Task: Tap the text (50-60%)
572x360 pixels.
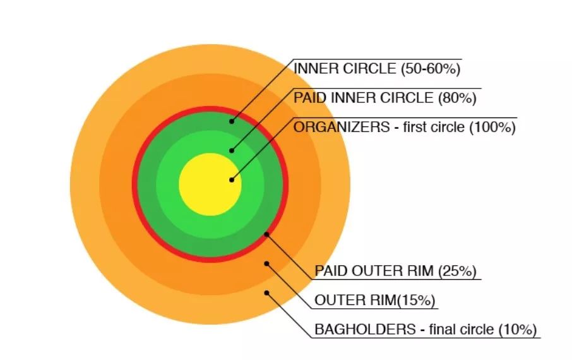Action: pyautogui.click(x=431, y=69)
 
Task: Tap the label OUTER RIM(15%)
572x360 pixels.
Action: pyautogui.click(x=375, y=301)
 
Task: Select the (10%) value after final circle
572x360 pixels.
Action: pyautogui.click(x=518, y=329)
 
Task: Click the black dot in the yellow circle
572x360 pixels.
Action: pyautogui.click(x=232, y=180)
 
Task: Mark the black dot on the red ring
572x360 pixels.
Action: pyautogui.click(x=266, y=234)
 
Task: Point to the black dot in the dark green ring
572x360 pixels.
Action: pyautogui.click(x=232, y=121)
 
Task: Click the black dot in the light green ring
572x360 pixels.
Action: pyautogui.click(x=232, y=150)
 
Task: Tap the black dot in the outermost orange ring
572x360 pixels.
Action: pyautogui.click(x=267, y=292)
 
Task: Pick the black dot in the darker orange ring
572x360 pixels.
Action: pyautogui.click(x=267, y=263)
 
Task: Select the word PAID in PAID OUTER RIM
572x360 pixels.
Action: pyautogui.click(x=329, y=272)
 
